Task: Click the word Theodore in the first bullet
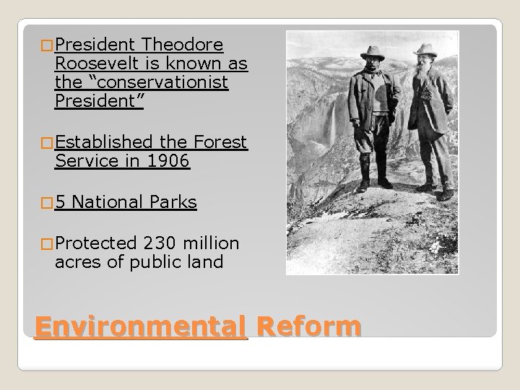pos(183,45)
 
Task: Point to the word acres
pos(78,261)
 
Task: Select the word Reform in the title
pos(308,326)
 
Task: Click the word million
pos(216,242)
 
